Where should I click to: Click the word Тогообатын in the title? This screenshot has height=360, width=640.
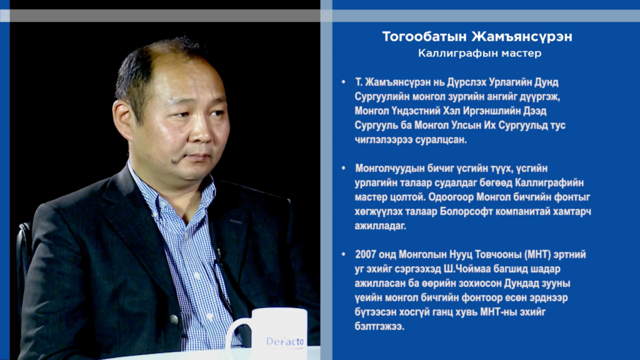(424, 37)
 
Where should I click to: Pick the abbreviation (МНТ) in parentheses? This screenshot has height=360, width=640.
(537, 255)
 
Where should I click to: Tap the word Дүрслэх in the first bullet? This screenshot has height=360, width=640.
(466, 82)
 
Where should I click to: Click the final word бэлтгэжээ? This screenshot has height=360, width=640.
(379, 326)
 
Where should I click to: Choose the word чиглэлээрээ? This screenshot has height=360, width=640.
(383, 140)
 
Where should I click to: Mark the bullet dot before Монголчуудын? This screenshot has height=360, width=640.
(343, 168)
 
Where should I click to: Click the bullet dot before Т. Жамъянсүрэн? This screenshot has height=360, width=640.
(343, 82)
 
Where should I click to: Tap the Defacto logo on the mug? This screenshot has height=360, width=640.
(285, 341)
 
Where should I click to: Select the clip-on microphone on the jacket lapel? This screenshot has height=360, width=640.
(219, 255)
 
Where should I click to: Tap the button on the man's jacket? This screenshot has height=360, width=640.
(174, 319)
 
